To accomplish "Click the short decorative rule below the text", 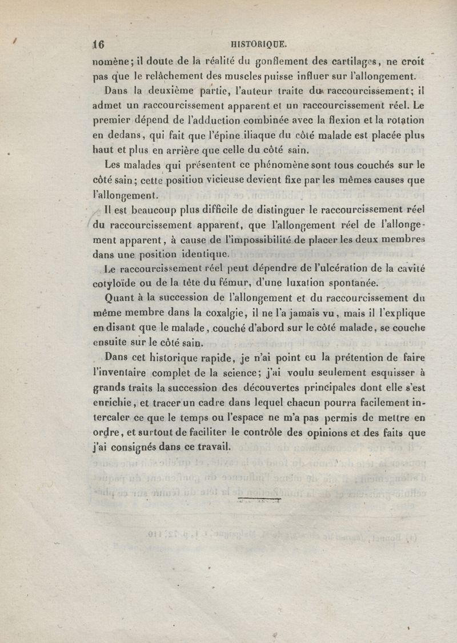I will tap(259, 501).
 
